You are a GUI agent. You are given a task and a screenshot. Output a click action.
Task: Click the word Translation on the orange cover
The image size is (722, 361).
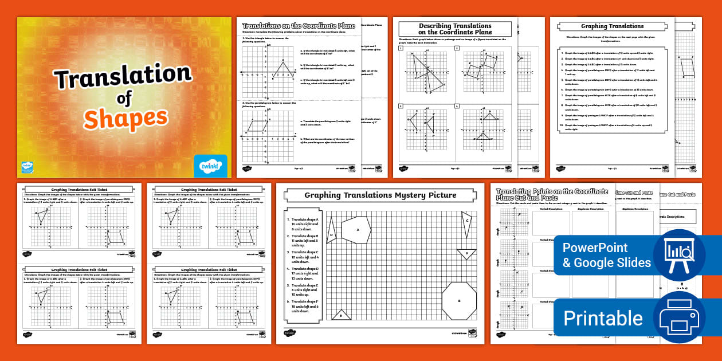pyautogui.click(x=122, y=77)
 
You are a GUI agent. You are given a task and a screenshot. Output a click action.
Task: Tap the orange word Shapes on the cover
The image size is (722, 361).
pyautogui.click(x=125, y=119)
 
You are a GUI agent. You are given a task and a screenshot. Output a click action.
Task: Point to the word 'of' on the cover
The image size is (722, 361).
pyautogui.click(x=124, y=99)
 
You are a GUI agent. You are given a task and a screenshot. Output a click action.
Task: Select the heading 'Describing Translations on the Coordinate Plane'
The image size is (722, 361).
pyautogui.click(x=455, y=29)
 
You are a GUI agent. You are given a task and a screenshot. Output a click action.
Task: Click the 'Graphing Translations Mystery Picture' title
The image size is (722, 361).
pyautogui.click(x=380, y=195)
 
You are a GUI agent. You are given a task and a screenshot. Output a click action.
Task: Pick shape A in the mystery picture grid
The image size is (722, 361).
pyautogui.click(x=356, y=230)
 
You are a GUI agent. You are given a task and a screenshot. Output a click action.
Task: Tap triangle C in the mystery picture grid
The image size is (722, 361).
pyautogui.click(x=466, y=223)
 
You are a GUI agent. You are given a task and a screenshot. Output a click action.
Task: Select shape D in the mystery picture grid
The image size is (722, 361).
pyautogui.click(x=331, y=234)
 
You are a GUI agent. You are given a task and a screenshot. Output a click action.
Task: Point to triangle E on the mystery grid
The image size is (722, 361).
pyautogui.click(x=341, y=315)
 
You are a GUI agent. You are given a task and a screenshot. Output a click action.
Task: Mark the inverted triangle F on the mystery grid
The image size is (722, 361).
pyautogui.click(x=466, y=253)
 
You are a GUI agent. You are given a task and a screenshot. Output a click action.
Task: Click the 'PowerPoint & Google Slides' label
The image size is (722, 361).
pyautogui.click(x=606, y=256)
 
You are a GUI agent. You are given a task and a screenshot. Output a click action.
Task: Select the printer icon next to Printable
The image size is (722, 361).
pyautogui.click(x=680, y=318)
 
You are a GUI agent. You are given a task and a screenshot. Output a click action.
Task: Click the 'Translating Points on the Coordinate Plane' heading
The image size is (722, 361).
pyautogui.click(x=552, y=194)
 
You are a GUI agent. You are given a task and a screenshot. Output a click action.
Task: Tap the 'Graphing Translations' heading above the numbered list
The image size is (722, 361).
pyautogui.click(x=612, y=26)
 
